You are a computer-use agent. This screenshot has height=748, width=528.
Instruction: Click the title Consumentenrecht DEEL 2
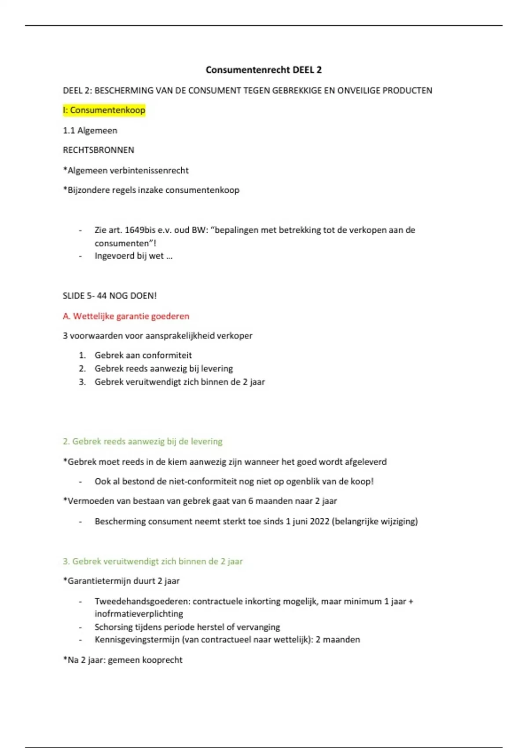tap(264, 70)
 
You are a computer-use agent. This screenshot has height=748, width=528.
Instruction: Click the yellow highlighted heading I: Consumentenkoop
tap(104, 110)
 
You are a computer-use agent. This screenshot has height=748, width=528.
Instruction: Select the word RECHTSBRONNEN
tap(98, 150)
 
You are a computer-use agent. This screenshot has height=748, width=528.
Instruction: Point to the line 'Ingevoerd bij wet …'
tap(133, 256)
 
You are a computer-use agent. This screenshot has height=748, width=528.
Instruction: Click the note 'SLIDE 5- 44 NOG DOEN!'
tap(110, 296)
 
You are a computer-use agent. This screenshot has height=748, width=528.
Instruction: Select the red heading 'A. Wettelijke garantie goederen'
tap(126, 316)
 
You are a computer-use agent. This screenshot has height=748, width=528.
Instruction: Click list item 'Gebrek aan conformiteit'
tap(143, 355)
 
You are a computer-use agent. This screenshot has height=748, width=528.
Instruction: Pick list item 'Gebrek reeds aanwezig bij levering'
tap(163, 368)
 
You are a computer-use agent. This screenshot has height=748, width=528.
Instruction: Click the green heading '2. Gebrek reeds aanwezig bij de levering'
tap(143, 441)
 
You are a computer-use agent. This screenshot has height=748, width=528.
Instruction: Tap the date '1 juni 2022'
tap(308, 521)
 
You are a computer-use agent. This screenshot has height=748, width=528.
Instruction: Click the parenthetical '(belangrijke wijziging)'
tap(375, 521)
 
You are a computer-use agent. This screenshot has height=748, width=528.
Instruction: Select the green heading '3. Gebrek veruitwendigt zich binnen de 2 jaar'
tap(153, 561)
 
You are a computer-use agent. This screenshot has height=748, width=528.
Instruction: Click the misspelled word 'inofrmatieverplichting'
tap(139, 614)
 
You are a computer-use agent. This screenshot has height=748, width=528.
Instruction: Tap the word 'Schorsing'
tap(113, 627)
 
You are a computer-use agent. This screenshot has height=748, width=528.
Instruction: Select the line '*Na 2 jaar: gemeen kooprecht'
tap(122, 660)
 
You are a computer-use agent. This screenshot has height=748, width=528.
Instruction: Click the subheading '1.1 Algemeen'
tap(90, 130)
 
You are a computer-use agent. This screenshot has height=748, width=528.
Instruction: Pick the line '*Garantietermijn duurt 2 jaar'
tap(121, 581)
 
